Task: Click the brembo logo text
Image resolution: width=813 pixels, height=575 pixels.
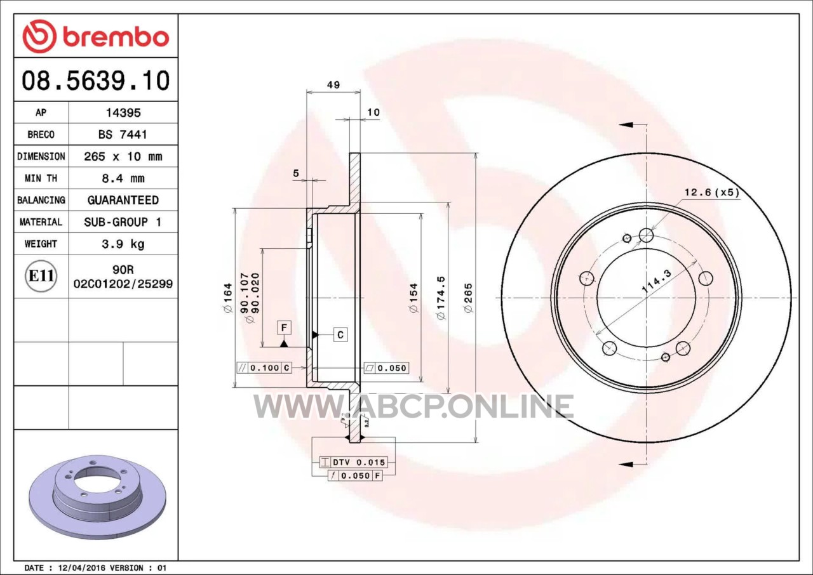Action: [116, 37]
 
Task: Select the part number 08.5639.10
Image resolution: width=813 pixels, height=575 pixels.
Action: [96, 80]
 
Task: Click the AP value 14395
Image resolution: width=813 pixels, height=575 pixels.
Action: [123, 113]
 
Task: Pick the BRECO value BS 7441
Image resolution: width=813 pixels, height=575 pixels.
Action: [123, 135]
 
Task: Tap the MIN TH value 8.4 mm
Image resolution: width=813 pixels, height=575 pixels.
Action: [123, 178]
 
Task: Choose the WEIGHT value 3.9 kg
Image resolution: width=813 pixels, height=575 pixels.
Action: [123, 244]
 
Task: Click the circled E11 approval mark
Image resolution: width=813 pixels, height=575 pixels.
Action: [41, 276]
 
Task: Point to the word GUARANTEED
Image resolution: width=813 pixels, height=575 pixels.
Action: [123, 200]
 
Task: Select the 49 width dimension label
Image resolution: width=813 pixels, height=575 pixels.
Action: [333, 85]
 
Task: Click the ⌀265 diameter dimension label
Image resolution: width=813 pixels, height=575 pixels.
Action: [468, 298]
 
